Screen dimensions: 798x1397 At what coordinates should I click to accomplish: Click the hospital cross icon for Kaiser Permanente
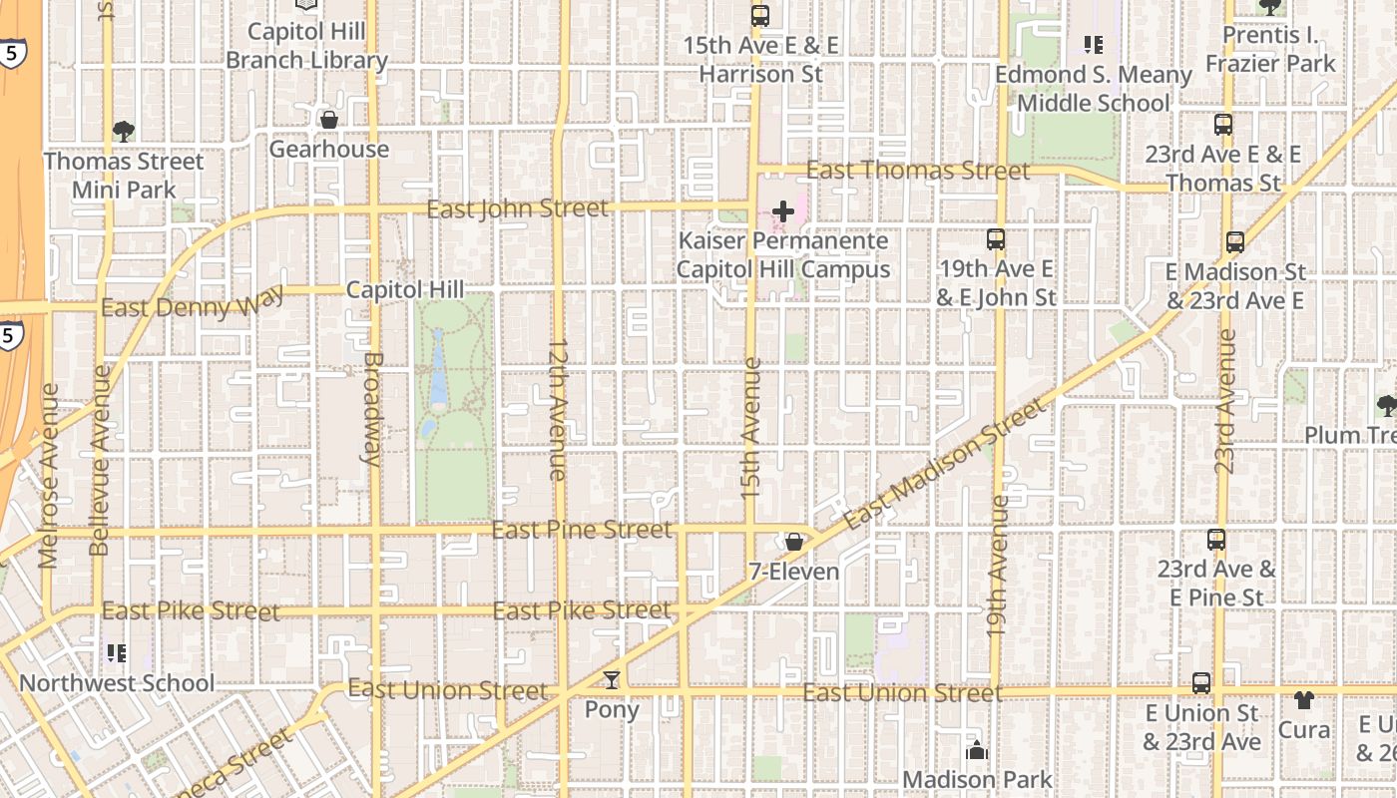tap(783, 211)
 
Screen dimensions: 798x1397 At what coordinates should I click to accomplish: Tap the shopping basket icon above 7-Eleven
tap(794, 542)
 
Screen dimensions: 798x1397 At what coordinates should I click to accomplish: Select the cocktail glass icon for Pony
tap(612, 680)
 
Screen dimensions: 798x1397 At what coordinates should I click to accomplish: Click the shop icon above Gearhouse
tap(328, 120)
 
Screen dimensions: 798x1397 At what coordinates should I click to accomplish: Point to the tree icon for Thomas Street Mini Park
tap(124, 131)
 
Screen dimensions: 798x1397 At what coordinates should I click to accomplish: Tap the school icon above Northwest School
tap(117, 653)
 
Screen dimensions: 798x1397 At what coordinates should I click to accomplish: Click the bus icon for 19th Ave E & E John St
tap(995, 239)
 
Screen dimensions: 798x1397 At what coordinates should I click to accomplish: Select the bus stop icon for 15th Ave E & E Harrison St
tap(760, 16)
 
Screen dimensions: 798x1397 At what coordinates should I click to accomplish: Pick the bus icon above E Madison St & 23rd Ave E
tap(1234, 241)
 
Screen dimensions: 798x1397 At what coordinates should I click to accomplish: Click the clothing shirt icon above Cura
tap(1304, 699)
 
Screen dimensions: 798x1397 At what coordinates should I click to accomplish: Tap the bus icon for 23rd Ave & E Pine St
tap(1215, 540)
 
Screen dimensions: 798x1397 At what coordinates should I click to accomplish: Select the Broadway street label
tap(372, 408)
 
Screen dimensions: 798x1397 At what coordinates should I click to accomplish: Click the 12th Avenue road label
tap(557, 410)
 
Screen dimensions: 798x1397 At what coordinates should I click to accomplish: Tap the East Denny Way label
tap(192, 302)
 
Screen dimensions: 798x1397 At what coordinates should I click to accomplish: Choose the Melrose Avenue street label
tap(49, 476)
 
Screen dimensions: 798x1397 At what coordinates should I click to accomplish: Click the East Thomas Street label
tap(917, 171)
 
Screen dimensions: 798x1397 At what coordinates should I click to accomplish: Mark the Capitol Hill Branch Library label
tap(306, 46)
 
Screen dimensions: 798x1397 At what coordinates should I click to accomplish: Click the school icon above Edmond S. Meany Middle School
tap(1093, 45)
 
